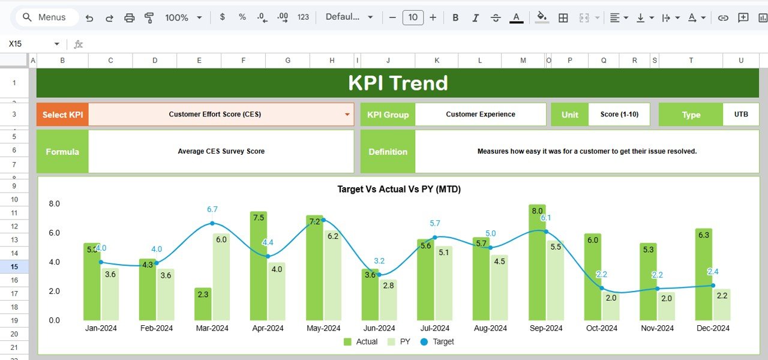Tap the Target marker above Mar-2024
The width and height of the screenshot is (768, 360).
(x=212, y=223)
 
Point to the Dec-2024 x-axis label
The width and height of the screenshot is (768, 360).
(x=712, y=328)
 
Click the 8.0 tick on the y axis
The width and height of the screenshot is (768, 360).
(x=54, y=204)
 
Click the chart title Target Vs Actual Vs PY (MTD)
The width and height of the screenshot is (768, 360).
(x=399, y=189)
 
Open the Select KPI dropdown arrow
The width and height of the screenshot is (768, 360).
(x=347, y=115)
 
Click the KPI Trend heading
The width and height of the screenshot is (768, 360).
(x=398, y=83)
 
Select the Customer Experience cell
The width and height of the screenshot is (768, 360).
(x=480, y=114)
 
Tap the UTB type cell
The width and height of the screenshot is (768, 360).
(x=741, y=114)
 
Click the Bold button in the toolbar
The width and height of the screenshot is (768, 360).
(x=455, y=17)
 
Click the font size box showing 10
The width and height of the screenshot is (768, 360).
(x=413, y=17)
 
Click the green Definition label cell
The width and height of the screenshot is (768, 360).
(x=388, y=152)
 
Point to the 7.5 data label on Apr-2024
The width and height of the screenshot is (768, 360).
(x=259, y=217)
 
